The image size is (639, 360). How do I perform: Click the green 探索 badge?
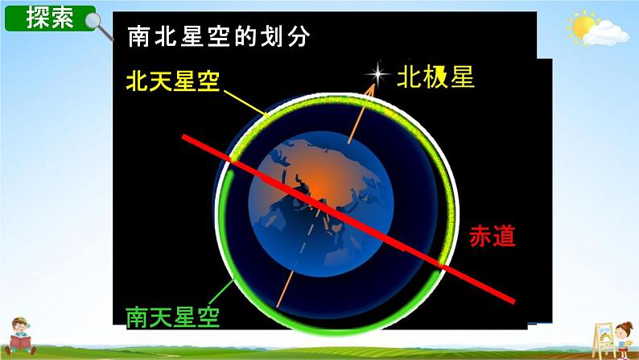[50, 18]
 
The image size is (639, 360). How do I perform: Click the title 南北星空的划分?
[217, 36]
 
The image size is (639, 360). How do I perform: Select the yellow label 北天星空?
[173, 81]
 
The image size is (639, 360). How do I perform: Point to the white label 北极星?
[435, 77]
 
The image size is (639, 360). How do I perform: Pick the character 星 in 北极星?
[461, 77]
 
